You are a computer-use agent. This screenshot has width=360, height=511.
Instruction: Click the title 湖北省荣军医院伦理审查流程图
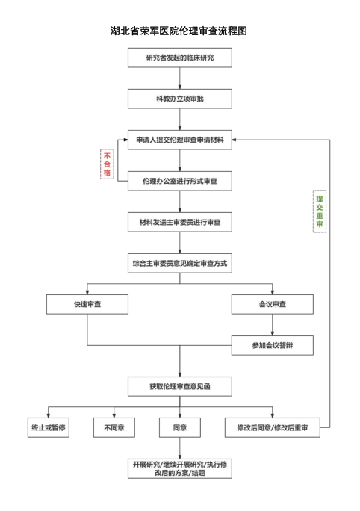pyautogui.click(x=179, y=31)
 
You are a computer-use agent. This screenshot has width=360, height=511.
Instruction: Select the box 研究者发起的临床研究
pyautogui.click(x=180, y=58)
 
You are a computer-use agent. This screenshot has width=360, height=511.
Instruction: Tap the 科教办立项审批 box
pyautogui.click(x=180, y=99)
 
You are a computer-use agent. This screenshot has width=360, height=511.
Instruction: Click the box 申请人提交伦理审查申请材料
pyautogui.click(x=180, y=140)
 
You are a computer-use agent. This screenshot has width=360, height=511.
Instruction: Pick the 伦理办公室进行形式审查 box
pyautogui.click(x=180, y=181)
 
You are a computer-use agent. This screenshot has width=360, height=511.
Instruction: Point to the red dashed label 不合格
pyautogui.click(x=107, y=164)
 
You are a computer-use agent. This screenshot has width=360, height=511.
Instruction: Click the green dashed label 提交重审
pyautogui.click(x=319, y=211)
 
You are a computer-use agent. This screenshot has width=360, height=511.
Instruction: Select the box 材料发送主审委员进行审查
pyautogui.click(x=180, y=222)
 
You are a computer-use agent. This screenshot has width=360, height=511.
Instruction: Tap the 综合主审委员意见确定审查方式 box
pyautogui.click(x=180, y=263)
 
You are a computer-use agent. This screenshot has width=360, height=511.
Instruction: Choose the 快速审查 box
pyautogui.click(x=87, y=304)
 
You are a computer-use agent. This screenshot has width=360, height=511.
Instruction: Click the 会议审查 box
pyautogui.click(x=273, y=304)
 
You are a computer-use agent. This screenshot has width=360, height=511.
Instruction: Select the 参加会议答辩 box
pyautogui.click(x=273, y=345)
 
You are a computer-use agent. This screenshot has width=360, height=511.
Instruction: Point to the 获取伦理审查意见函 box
pyautogui.click(x=180, y=386)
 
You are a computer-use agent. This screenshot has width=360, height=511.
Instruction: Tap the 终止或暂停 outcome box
pyautogui.click(x=49, y=427)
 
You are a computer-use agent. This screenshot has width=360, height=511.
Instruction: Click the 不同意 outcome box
pyautogui.click(x=114, y=427)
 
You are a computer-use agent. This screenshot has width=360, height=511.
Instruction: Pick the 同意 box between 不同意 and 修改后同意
pyautogui.click(x=180, y=427)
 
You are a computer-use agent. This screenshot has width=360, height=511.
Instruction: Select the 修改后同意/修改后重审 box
pyautogui.click(x=273, y=427)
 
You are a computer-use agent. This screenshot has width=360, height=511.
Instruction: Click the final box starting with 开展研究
pyautogui.click(x=180, y=468)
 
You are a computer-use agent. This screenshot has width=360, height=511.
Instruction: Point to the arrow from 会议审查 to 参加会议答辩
pyautogui.click(x=273, y=325)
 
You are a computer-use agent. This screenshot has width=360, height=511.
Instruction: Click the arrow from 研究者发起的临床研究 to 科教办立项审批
pyautogui.click(x=180, y=78)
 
